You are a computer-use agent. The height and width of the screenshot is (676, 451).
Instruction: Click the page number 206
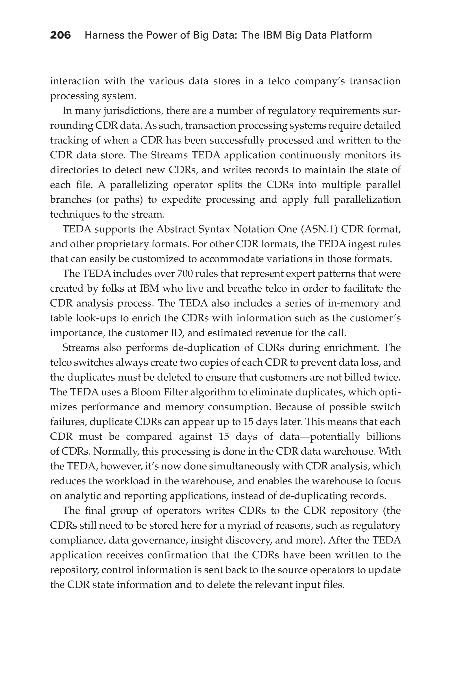pyautogui.click(x=60, y=35)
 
